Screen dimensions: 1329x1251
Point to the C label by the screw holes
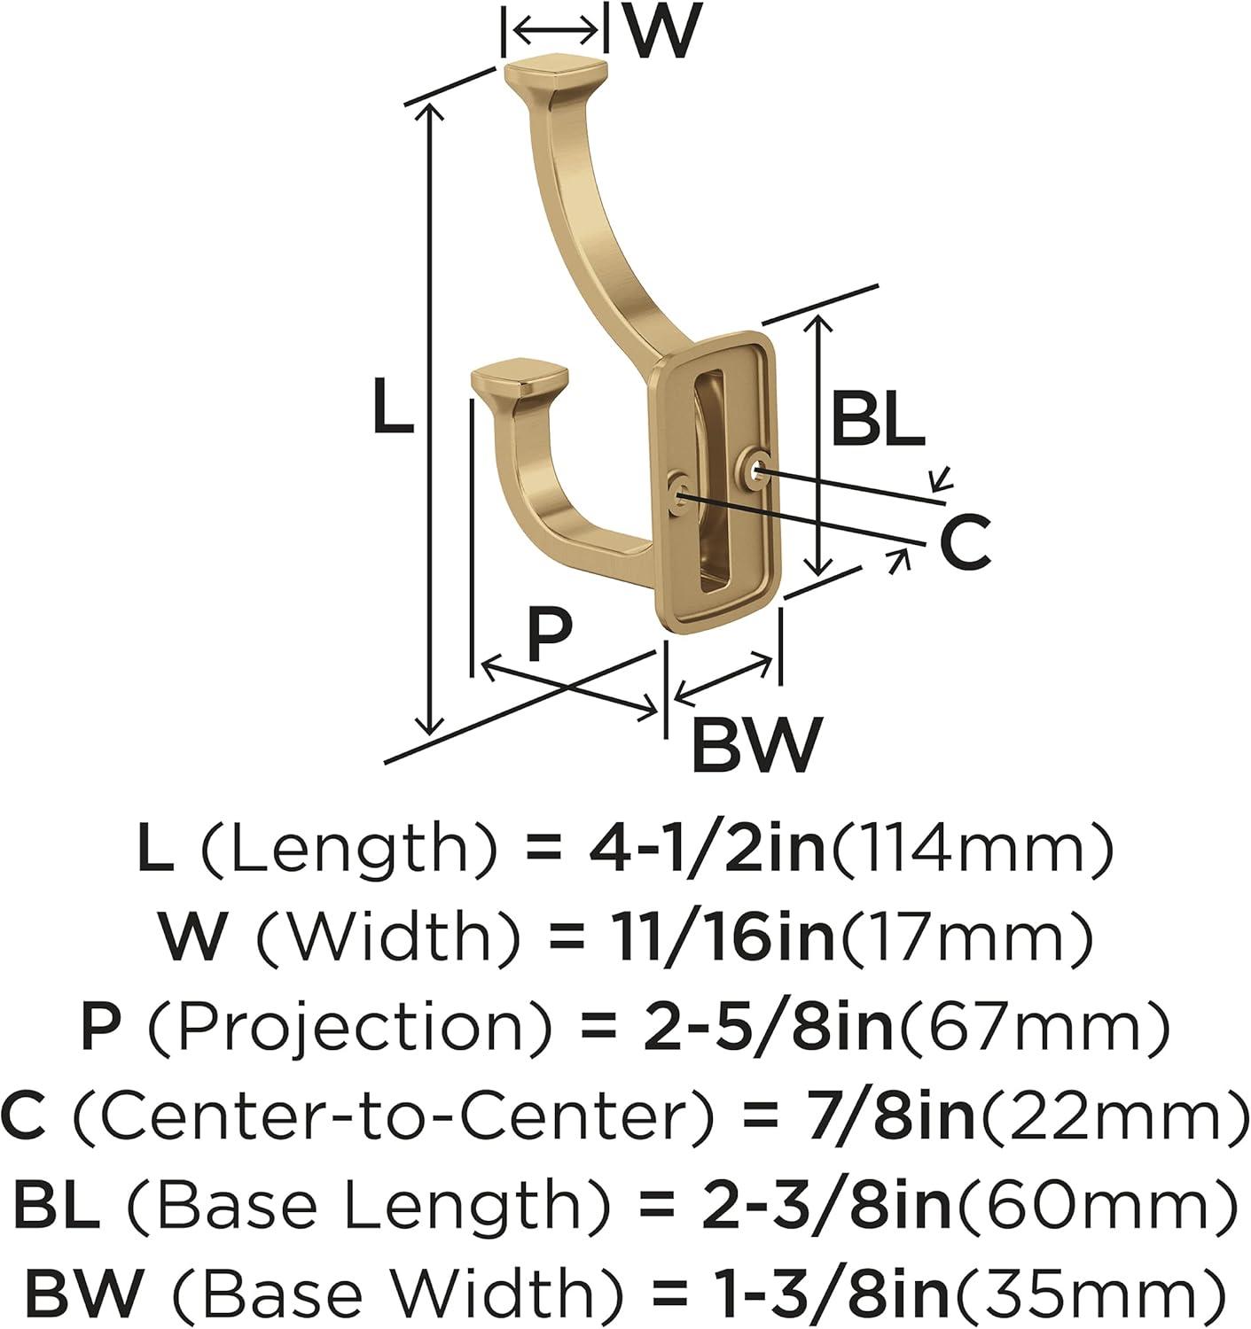click(965, 544)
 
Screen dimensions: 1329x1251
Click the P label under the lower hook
click(550, 635)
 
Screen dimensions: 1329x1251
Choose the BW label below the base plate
click(757, 745)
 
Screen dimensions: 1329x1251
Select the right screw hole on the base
click(756, 467)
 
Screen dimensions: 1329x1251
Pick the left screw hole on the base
click(680, 490)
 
